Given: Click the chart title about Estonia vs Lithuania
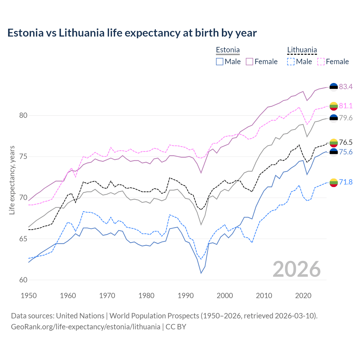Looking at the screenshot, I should [x=132, y=33].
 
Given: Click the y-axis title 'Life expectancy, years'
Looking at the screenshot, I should [x=12, y=180].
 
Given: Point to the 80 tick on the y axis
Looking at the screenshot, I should [x=23, y=115].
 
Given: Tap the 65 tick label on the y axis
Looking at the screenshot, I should [x=23, y=239].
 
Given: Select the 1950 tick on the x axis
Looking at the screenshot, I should [x=29, y=296].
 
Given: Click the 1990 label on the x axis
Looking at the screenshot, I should [x=186, y=296].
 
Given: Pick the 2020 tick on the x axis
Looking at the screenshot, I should [x=303, y=296].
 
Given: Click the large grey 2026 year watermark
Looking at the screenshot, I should [x=297, y=269].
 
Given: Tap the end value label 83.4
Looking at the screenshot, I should [x=346, y=87].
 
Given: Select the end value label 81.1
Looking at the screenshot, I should [x=346, y=106].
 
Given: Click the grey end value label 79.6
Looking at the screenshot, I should [x=346, y=118].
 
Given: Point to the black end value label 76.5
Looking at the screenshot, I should [x=346, y=142].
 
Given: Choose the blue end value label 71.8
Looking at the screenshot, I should [x=346, y=182].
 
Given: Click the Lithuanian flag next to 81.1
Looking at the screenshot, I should [x=334, y=106].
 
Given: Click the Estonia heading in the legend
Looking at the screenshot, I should [x=228, y=50].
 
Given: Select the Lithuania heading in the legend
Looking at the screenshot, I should [x=302, y=50].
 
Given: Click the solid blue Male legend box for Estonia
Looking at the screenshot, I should [x=220, y=62].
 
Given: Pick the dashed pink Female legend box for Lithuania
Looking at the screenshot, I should [x=321, y=62].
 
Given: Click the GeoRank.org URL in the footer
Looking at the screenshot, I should [x=85, y=327].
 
